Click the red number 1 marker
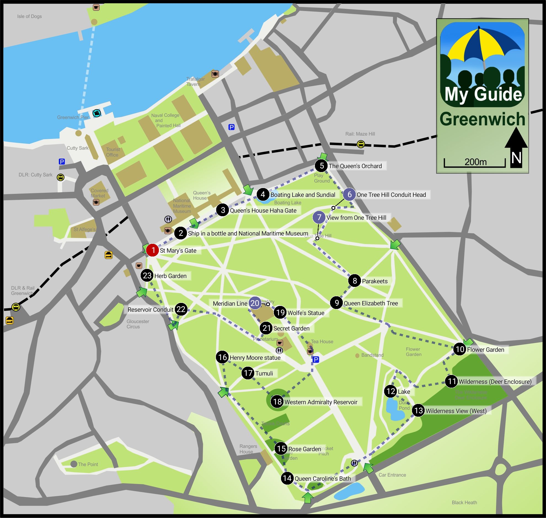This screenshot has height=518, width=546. pos(152,250)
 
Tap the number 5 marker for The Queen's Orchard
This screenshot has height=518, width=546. pos(321,166)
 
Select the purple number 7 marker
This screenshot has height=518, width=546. pos(319,217)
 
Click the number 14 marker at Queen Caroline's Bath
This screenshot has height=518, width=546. pos(287,478)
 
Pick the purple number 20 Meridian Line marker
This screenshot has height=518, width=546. pos(255,303)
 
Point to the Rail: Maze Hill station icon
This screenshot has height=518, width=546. pos(361,144)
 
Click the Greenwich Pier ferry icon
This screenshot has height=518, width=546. pos(97,113)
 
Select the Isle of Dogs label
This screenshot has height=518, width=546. pos(30,16)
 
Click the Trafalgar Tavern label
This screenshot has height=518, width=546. pos(196,81)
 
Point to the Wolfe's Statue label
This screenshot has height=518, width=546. pos(306,313)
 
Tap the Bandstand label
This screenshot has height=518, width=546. pos(372,355)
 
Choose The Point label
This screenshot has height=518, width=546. pos(88,464)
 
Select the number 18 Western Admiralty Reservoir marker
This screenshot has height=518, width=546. pos(277,401)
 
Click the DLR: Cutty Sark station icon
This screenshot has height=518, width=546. pos(61,177)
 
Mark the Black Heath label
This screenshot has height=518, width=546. pos(464,503)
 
